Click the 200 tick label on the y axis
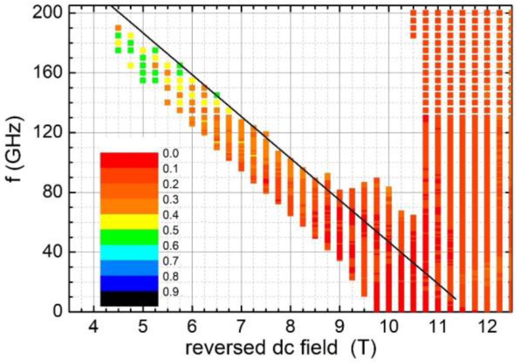(x=46, y=13)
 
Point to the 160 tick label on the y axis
(x=46, y=72)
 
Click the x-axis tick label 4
(x=94, y=327)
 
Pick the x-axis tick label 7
(x=241, y=327)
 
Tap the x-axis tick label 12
(x=487, y=327)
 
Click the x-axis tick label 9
(x=339, y=327)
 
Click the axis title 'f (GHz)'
(x=15, y=148)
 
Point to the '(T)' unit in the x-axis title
(x=363, y=347)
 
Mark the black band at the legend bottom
(x=129, y=299)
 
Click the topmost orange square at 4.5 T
(x=118, y=28)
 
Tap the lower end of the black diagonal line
(x=455, y=299)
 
